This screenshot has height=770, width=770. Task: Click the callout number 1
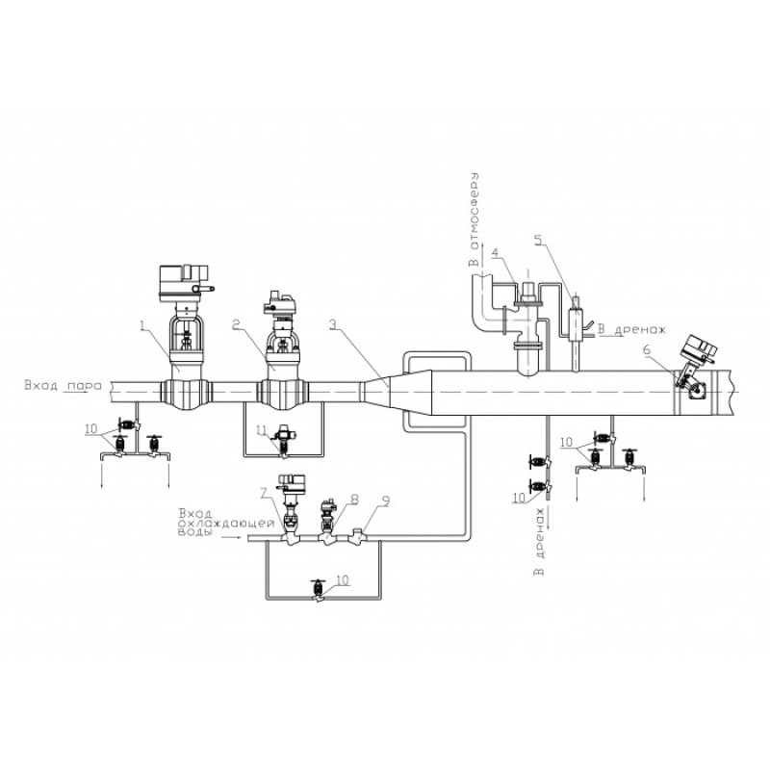pos(142,325)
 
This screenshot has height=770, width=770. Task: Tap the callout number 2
pos(236,325)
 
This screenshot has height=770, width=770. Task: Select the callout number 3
pos(333,324)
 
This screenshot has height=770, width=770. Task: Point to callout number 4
pos(495,253)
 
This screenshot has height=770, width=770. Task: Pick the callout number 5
pos(539,240)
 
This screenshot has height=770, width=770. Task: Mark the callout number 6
pos(647,350)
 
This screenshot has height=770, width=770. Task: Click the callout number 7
pos(264,493)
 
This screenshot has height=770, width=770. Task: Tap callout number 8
pos(354,500)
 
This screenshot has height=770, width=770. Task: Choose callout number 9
pos(386,501)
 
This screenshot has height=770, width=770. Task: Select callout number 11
pos(261,430)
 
